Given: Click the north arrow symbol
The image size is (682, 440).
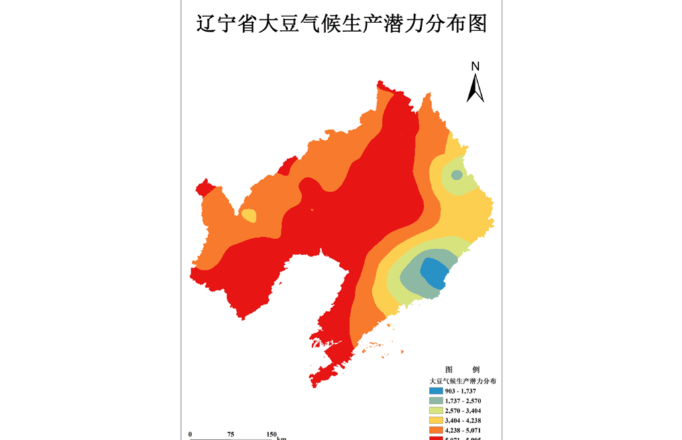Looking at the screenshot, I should tap(475, 89).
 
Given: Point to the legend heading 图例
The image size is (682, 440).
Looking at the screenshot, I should tap(462, 369).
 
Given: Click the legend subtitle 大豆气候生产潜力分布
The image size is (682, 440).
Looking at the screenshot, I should tap(463, 381).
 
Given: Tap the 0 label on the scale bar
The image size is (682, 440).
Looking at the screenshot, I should tap(190, 435).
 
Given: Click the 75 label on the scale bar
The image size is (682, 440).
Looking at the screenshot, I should tap(231, 435).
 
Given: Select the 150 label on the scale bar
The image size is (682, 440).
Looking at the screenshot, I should tap(272, 435).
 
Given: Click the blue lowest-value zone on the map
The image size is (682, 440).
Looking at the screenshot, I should tap(434, 272).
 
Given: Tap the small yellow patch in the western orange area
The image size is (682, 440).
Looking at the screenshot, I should tap(249, 215).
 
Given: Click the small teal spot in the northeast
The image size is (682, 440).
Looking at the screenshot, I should tap(457, 175).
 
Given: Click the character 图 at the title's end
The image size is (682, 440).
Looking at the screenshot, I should tap(476, 24).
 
